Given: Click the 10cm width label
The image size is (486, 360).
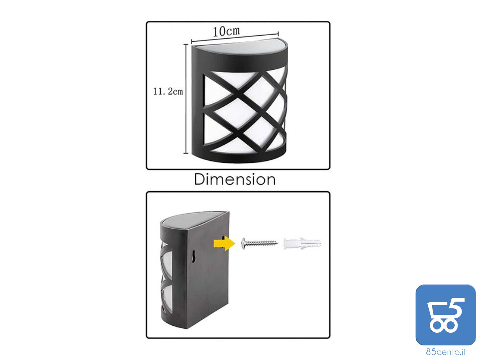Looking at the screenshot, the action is (x=226, y=31).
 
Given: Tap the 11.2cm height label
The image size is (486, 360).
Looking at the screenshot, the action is (x=168, y=91).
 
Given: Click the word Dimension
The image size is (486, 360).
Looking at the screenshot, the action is (x=235, y=180).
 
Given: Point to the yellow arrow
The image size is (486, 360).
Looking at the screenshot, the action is (x=224, y=243).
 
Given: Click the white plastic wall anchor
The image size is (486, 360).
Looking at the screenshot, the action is (x=302, y=243).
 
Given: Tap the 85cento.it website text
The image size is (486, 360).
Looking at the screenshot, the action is (x=446, y=352).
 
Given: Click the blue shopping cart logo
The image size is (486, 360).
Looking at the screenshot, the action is (x=446, y=315).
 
